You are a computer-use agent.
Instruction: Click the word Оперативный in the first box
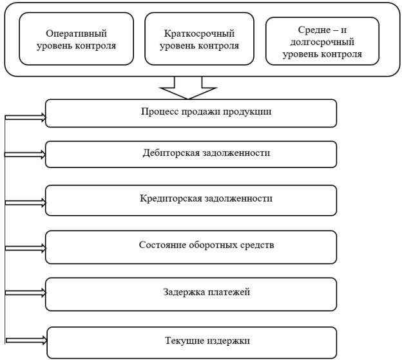77,34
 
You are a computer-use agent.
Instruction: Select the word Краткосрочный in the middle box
199,34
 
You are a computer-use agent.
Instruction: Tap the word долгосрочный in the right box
322,42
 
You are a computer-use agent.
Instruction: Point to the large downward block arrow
188,88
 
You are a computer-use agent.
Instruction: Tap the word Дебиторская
171,153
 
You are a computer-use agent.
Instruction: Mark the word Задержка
184,292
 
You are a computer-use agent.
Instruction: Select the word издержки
229,341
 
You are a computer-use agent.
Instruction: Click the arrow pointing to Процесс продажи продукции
25,117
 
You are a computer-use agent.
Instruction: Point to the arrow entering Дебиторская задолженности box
25,155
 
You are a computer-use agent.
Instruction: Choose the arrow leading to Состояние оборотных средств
25,249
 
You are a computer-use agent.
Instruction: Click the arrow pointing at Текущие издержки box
26,340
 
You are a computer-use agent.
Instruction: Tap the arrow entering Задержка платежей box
25,292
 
